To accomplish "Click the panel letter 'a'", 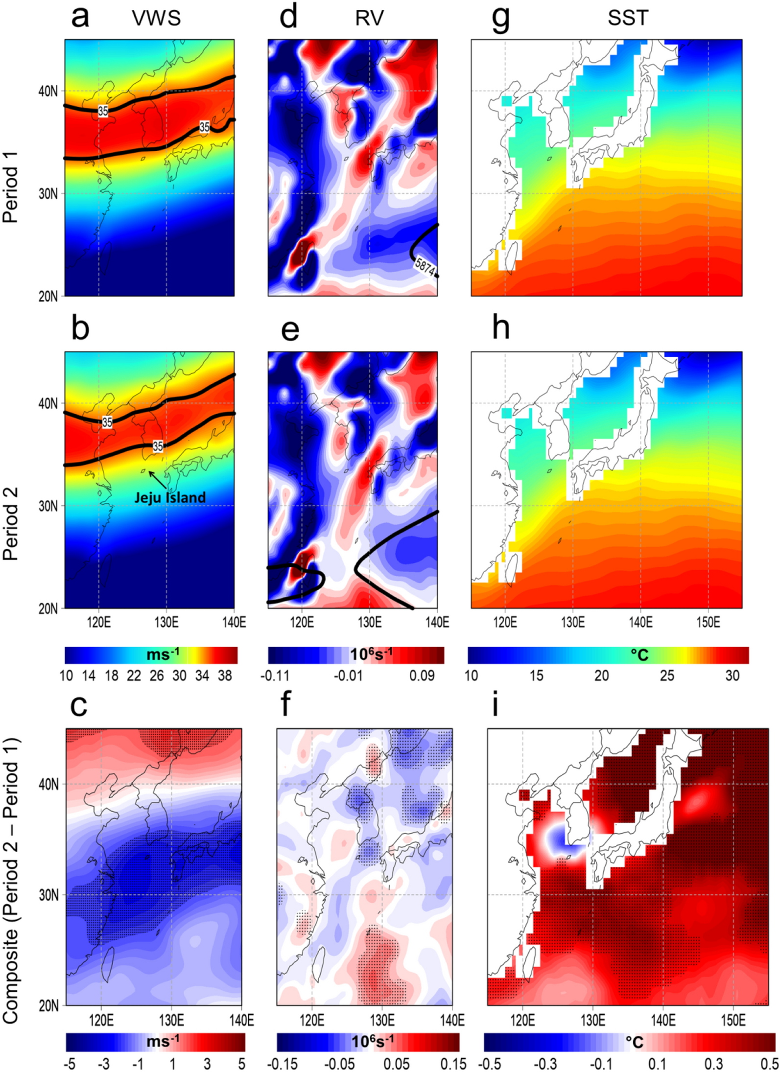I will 80,18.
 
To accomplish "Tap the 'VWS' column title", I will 156,19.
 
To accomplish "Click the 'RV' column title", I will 369,19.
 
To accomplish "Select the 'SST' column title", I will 628,19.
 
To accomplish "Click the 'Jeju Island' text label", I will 170,497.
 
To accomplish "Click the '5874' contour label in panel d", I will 425,267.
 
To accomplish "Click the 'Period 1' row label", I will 11,187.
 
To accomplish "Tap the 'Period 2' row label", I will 11,524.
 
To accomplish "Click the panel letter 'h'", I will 500,328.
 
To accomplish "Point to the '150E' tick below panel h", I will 708,623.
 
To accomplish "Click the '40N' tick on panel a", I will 48,92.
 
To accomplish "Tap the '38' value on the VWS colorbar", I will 225,676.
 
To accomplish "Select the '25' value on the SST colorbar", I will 667,676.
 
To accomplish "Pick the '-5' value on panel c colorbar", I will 70,1064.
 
